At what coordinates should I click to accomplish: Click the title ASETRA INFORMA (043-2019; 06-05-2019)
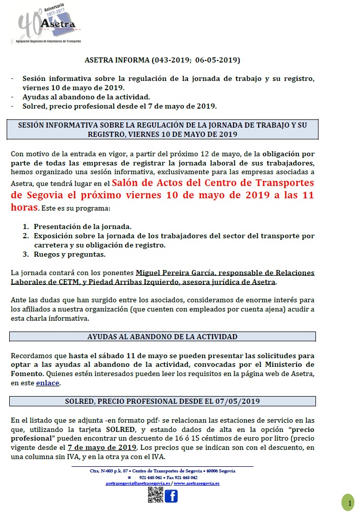point(162,60)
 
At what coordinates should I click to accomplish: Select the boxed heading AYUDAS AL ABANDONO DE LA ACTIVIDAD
point(162,337)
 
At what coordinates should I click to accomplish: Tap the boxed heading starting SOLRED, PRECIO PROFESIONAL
point(162,401)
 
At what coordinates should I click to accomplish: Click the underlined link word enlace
point(48,383)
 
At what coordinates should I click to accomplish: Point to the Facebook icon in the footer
point(171,496)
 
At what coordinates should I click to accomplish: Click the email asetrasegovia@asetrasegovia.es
point(138,483)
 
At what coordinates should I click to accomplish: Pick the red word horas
point(24,208)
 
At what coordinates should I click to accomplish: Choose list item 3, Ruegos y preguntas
point(70,254)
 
